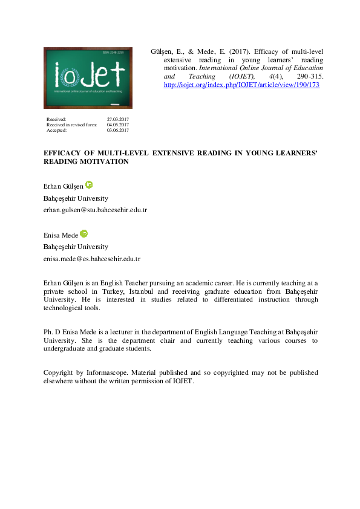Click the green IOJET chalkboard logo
(86, 77)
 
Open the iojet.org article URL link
(242, 86)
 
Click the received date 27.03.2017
(117, 119)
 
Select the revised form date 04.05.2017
(117, 125)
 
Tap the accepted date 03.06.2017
(117, 130)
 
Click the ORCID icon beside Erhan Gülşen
(90, 184)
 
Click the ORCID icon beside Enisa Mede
(84, 233)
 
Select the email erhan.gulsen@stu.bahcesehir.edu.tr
(96, 210)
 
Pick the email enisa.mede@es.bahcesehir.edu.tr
(92, 259)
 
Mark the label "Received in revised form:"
(71, 125)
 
